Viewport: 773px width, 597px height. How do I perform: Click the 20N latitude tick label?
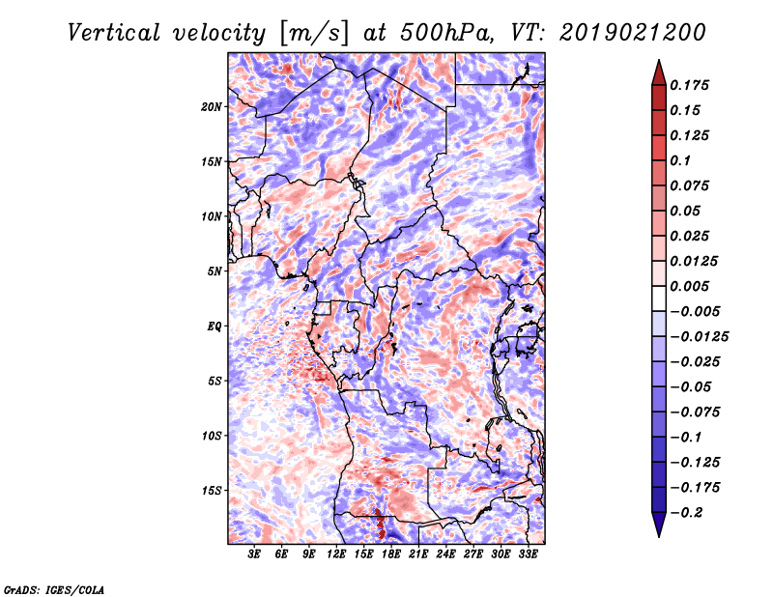[212, 106]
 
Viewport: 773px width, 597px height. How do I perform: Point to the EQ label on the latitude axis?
[215, 327]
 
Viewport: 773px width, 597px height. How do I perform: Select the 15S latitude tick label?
[212, 491]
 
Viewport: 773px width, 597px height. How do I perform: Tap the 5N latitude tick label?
[215, 271]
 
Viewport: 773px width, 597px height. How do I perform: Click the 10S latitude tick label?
[212, 436]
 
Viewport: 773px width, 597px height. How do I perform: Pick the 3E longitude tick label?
[254, 556]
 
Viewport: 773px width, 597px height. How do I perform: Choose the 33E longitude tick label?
[528, 556]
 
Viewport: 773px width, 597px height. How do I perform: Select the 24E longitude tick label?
[445, 556]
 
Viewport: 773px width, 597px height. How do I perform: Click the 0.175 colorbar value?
[690, 85]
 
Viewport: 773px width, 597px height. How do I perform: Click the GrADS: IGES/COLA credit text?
[53, 587]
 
